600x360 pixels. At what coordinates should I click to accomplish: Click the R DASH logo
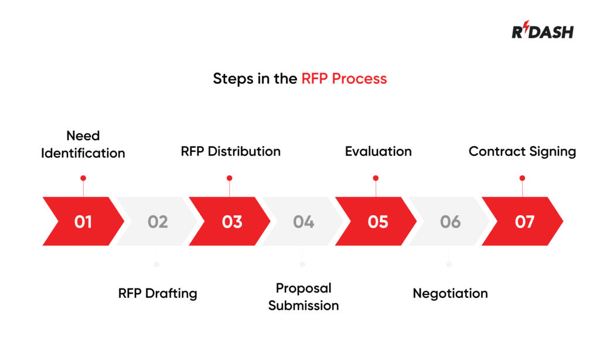click(543, 30)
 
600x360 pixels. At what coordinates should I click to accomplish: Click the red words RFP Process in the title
click(344, 79)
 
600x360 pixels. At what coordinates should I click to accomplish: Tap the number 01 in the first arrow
click(83, 222)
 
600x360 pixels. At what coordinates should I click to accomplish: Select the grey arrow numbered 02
click(157, 222)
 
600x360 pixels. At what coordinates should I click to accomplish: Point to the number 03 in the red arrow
click(232, 222)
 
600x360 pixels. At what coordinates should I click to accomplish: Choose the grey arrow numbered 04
click(304, 222)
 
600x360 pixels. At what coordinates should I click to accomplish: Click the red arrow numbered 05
click(378, 222)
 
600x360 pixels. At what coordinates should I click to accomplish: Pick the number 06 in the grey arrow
click(450, 222)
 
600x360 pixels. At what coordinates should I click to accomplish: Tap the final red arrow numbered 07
click(524, 222)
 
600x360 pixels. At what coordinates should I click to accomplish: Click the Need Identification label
click(83, 144)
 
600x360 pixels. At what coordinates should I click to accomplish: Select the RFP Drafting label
click(158, 293)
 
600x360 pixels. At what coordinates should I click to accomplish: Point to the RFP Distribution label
click(230, 151)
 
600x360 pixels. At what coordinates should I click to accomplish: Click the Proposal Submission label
click(304, 297)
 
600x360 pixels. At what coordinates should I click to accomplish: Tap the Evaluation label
click(378, 151)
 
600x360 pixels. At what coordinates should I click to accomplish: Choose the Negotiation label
click(450, 293)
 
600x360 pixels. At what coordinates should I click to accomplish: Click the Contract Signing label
click(522, 151)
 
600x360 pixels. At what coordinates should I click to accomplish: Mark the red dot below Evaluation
click(376, 178)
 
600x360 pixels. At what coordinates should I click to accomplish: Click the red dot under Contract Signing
click(522, 178)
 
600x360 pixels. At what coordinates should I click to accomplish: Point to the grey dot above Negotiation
click(449, 264)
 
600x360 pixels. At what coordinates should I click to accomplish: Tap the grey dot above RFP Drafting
click(156, 264)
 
